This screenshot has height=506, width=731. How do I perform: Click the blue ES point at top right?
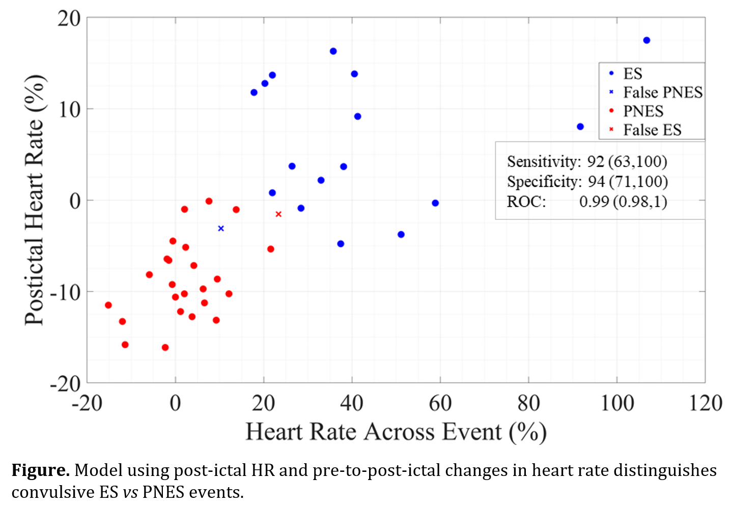646,40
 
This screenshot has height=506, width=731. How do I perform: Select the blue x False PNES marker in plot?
221,229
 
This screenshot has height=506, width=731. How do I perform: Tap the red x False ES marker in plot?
278,214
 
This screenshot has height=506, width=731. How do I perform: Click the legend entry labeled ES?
633,74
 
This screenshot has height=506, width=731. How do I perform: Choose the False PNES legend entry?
662,93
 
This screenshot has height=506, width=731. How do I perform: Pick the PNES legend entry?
643,111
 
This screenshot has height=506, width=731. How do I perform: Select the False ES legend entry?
652,130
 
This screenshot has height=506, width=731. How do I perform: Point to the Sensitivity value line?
586,162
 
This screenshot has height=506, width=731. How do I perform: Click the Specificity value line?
587,182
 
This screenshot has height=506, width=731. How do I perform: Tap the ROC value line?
586,202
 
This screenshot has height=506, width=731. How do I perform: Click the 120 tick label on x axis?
706,403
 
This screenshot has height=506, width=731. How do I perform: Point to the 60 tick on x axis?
440,403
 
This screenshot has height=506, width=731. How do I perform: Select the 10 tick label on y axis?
69,109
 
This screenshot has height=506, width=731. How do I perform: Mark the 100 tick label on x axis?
617,403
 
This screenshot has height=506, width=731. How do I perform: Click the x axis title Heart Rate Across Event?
396,432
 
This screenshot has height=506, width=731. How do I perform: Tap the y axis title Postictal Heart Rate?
35,200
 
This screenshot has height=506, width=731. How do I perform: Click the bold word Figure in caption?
40,470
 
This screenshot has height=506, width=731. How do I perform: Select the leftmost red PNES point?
108,305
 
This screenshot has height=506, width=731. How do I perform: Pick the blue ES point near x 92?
580,127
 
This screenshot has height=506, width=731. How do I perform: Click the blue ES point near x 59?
435,203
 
